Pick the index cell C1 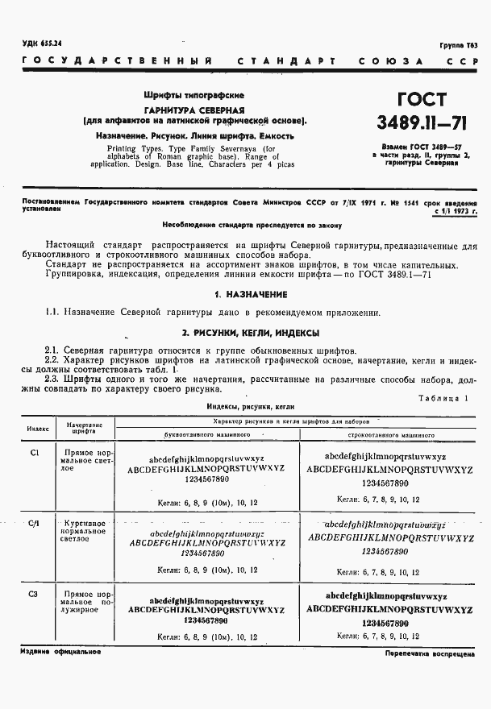35,453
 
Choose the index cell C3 34,595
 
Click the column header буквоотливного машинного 207,434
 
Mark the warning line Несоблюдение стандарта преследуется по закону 252,226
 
